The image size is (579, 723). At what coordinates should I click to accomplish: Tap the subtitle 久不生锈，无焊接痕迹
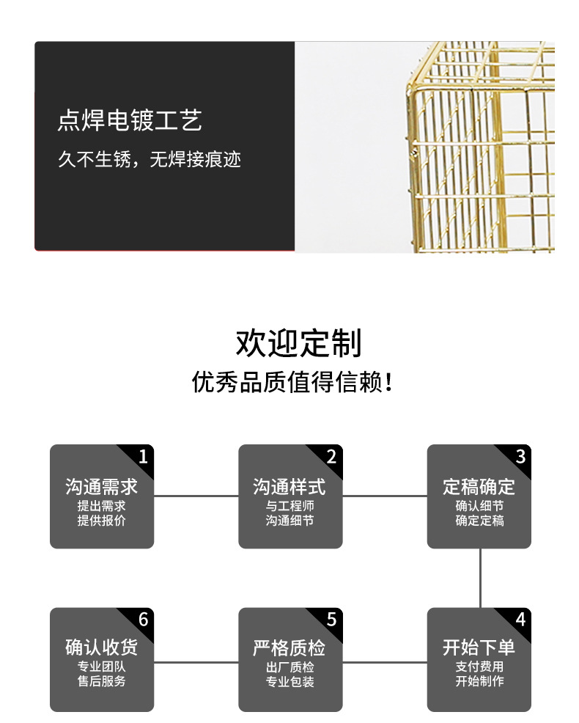(150, 159)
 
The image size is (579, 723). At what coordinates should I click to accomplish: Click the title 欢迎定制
(298, 343)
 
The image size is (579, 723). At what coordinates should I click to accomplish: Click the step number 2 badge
(331, 458)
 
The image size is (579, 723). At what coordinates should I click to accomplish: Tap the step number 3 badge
(520, 458)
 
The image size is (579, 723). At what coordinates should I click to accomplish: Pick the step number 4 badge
(520, 620)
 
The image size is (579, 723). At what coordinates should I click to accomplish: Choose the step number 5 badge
(331, 620)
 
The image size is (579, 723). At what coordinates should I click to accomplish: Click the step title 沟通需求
(102, 487)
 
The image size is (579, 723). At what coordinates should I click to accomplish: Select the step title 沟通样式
(290, 487)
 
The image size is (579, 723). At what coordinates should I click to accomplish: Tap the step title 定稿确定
(479, 487)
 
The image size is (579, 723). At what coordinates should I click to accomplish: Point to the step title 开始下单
(479, 647)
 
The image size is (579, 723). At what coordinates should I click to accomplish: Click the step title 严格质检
(290, 647)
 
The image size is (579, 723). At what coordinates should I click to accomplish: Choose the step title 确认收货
(102, 647)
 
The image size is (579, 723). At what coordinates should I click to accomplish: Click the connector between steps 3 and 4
(480, 578)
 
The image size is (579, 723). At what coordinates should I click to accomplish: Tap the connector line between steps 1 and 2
(196, 496)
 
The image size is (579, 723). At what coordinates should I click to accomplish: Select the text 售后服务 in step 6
(102, 681)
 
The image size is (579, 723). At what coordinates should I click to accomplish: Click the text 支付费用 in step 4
(479, 667)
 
